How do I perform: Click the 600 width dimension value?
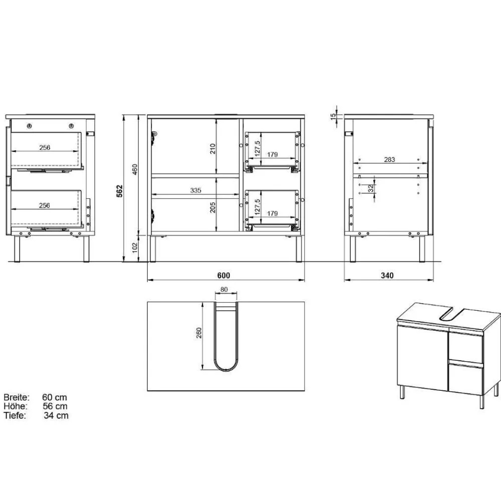[x=224, y=275]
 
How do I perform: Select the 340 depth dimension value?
[x=387, y=275]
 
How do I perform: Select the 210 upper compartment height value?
[x=212, y=148]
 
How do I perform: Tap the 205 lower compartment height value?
[x=212, y=207]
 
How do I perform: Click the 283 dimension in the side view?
[x=390, y=160]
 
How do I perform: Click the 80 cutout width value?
[x=224, y=289]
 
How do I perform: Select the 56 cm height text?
[x=55, y=406]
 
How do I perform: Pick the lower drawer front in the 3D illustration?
[x=465, y=379]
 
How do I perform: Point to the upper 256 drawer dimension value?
[x=46, y=147]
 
